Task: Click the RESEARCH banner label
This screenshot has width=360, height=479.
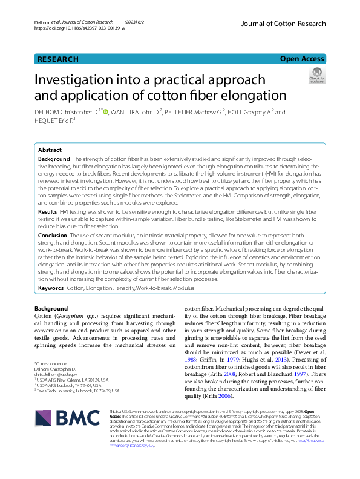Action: (x=58, y=59)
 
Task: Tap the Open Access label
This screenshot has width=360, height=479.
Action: (x=302, y=59)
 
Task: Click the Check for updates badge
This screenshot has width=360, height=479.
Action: (x=316, y=76)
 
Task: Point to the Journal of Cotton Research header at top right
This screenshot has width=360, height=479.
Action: (x=283, y=24)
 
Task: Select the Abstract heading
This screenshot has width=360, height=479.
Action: (x=50, y=150)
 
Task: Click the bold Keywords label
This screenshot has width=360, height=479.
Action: (x=51, y=289)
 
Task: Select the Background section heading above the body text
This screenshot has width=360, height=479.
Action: (x=51, y=309)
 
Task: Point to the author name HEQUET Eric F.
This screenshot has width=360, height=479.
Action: (x=53, y=122)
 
